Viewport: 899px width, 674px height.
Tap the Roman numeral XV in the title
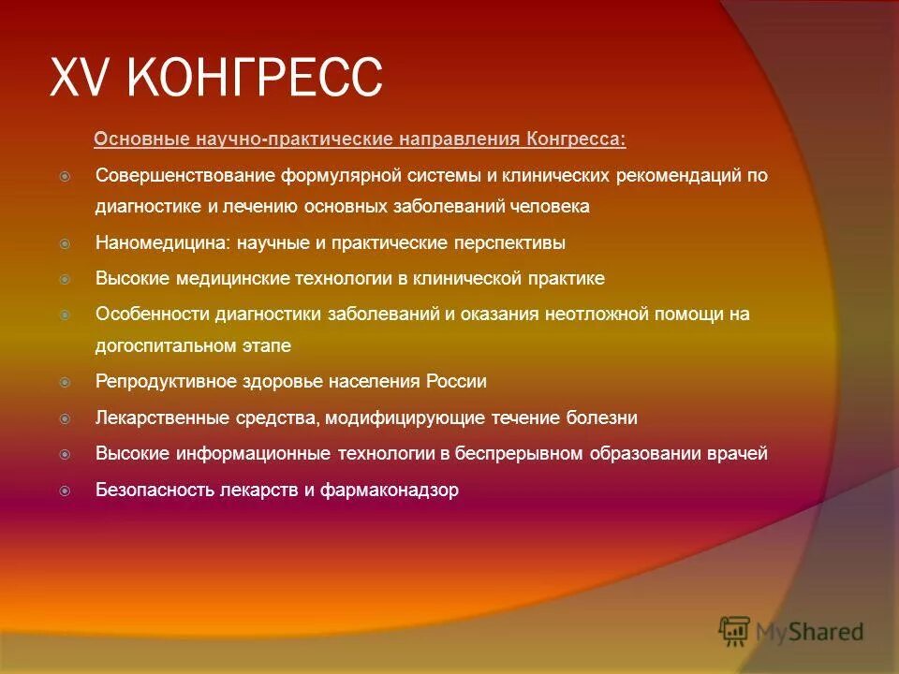tap(83, 77)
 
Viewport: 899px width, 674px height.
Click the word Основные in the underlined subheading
tap(140, 139)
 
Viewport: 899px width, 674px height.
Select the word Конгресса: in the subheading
tap(576, 139)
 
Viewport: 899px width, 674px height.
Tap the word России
tap(456, 382)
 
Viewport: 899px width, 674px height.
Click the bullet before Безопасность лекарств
tap(66, 490)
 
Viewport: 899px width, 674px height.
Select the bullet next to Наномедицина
tap(66, 243)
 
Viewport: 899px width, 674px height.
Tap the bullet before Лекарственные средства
tap(66, 418)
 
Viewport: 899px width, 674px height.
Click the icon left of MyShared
tap(735, 632)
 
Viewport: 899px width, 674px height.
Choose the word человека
tap(553, 207)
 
